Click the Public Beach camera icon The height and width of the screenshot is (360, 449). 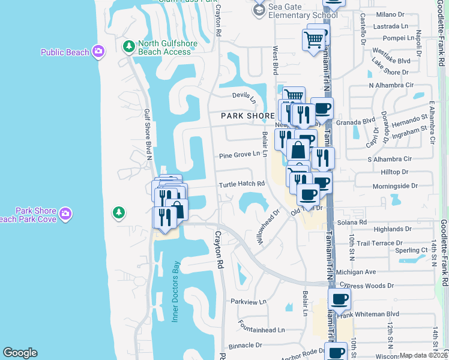click(x=98, y=52)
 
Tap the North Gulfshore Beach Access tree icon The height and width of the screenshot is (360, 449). click(x=128, y=46)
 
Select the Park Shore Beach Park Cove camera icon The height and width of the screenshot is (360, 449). click(x=65, y=213)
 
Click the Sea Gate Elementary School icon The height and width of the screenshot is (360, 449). click(x=259, y=10)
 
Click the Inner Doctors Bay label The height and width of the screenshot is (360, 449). click(x=176, y=291)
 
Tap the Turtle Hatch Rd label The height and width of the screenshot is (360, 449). click(x=241, y=184)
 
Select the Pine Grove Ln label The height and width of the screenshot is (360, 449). click(x=239, y=154)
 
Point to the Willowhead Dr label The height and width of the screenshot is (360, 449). click(x=268, y=226)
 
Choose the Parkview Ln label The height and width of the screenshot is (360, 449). click(x=248, y=301)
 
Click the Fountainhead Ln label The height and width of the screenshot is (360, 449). click(x=261, y=330)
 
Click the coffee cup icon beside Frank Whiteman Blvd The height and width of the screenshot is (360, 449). click(x=339, y=298)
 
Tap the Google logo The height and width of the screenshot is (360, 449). click(x=20, y=353)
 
